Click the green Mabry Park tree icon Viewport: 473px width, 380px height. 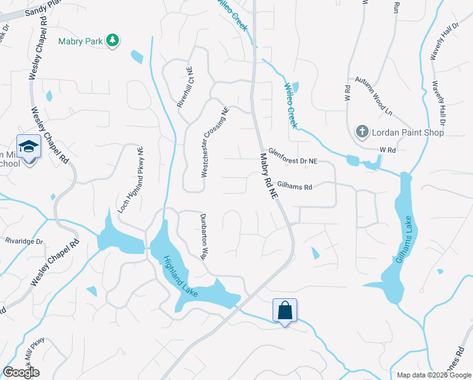(x=113, y=41)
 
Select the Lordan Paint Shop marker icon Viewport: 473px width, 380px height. (x=362, y=132)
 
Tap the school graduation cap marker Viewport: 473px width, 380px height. (x=28, y=147)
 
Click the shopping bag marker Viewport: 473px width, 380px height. (x=285, y=310)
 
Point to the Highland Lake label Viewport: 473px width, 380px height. (x=181, y=276)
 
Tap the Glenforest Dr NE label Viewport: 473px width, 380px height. (x=292, y=156)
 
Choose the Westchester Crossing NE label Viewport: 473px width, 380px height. (x=214, y=141)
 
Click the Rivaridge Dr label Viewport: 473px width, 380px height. (x=23, y=241)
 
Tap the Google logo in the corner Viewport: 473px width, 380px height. (x=21, y=372)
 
